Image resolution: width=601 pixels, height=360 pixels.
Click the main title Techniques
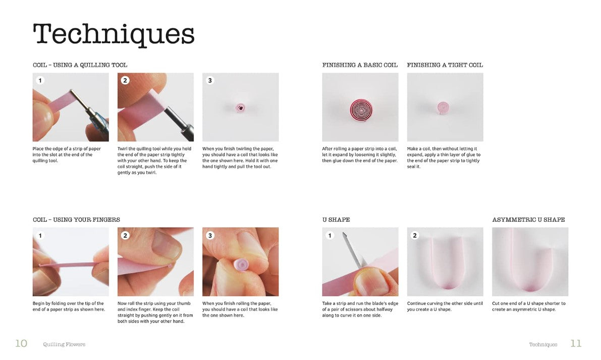pyautogui.click(x=114, y=34)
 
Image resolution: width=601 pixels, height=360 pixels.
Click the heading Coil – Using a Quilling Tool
pyautogui.click(x=80, y=65)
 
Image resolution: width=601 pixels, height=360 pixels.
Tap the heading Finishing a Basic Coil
pyautogui.click(x=360, y=65)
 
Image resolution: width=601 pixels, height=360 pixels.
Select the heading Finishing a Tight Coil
pyautogui.click(x=445, y=65)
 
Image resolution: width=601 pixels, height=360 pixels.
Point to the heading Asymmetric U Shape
pyautogui.click(x=528, y=220)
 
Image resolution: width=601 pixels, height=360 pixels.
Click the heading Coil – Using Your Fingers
pyautogui.click(x=76, y=220)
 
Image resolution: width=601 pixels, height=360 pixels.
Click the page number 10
pyautogui.click(x=21, y=343)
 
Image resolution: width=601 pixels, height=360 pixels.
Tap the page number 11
pyautogui.click(x=576, y=343)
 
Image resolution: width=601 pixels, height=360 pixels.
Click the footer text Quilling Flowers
pyautogui.click(x=64, y=344)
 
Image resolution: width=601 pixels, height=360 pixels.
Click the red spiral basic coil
pyautogui.click(x=361, y=109)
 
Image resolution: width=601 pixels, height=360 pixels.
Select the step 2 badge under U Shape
pyautogui.click(x=414, y=235)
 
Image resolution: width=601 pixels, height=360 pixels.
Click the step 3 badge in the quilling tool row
pyautogui.click(x=209, y=81)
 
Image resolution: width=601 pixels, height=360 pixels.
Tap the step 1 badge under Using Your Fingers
pyautogui.click(x=40, y=235)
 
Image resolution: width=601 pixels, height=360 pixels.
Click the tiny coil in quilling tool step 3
pyautogui.click(x=240, y=108)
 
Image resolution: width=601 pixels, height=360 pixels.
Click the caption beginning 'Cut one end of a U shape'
pyautogui.click(x=528, y=307)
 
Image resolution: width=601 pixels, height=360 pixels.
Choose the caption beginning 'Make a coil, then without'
pyautogui.click(x=444, y=157)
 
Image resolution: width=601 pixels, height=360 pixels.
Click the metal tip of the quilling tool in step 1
pyautogui.click(x=79, y=99)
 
